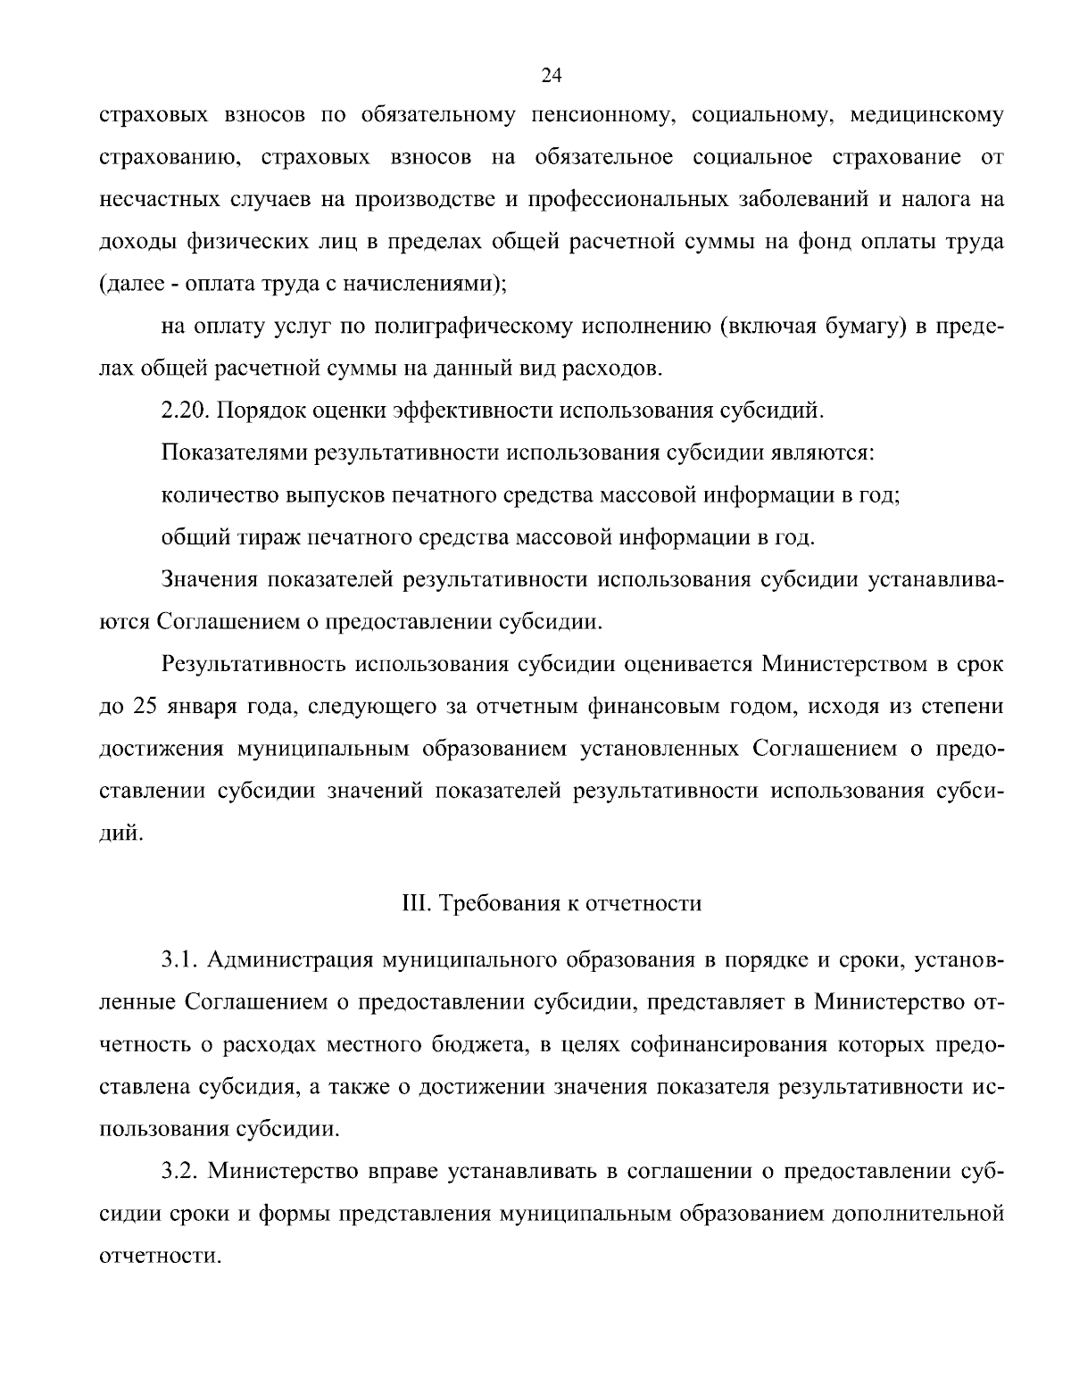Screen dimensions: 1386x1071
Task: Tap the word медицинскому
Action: pos(927,116)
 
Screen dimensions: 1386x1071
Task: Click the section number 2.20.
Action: pos(184,411)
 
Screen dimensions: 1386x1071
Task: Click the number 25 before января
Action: pos(144,707)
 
